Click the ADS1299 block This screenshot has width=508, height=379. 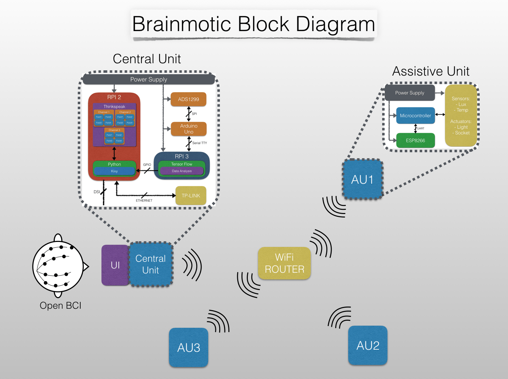(x=188, y=99)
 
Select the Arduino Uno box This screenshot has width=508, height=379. (x=188, y=129)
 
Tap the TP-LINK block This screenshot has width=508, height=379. (x=191, y=196)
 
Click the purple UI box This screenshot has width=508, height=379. (x=115, y=265)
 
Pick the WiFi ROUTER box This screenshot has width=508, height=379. (x=285, y=263)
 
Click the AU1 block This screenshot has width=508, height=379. (x=362, y=179)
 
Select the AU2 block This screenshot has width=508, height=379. (x=368, y=345)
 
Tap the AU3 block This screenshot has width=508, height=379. (x=189, y=348)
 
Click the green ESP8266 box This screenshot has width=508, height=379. (x=415, y=141)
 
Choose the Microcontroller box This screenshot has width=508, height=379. (x=415, y=116)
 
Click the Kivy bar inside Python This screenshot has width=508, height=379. (x=114, y=171)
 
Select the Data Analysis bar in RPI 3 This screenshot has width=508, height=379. (x=182, y=171)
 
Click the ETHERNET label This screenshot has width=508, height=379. (x=144, y=201)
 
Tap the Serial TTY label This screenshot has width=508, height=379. (x=200, y=143)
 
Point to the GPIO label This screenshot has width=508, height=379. (x=147, y=165)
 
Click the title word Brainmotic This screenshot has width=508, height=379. (x=181, y=24)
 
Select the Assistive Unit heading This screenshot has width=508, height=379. (x=431, y=71)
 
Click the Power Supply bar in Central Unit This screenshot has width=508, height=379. (x=148, y=79)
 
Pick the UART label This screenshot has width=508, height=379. (x=421, y=129)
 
